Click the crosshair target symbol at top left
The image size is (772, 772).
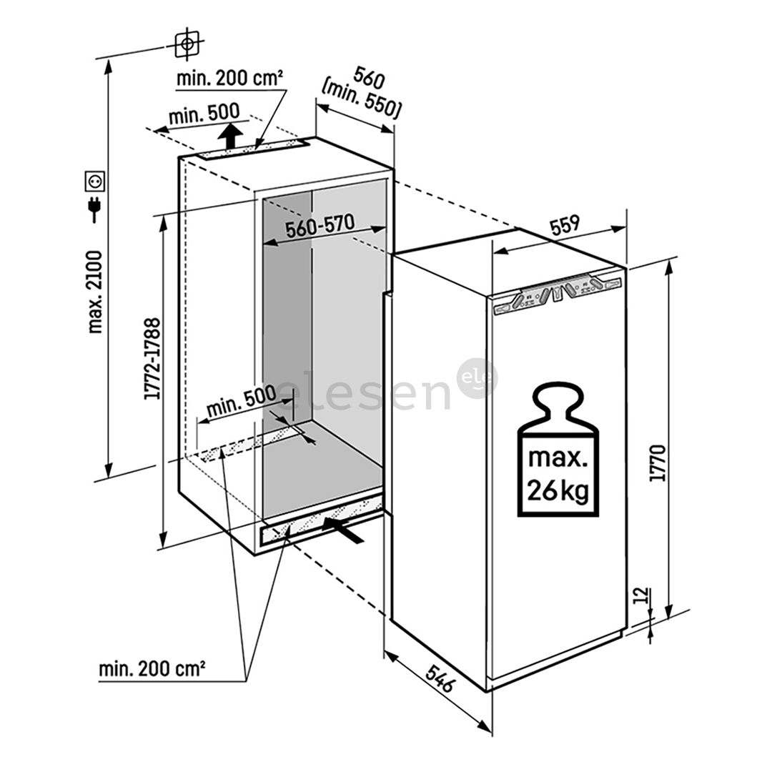[187, 45]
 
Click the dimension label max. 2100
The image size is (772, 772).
[95, 291]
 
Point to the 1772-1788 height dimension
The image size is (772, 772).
[152, 359]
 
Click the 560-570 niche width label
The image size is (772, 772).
[320, 227]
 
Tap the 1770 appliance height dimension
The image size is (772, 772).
[658, 462]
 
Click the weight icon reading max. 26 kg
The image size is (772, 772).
[558, 451]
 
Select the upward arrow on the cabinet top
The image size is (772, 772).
[229, 135]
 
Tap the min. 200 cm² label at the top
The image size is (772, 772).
[230, 79]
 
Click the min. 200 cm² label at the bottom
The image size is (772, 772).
[152, 669]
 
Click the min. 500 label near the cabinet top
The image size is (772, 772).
[204, 114]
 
